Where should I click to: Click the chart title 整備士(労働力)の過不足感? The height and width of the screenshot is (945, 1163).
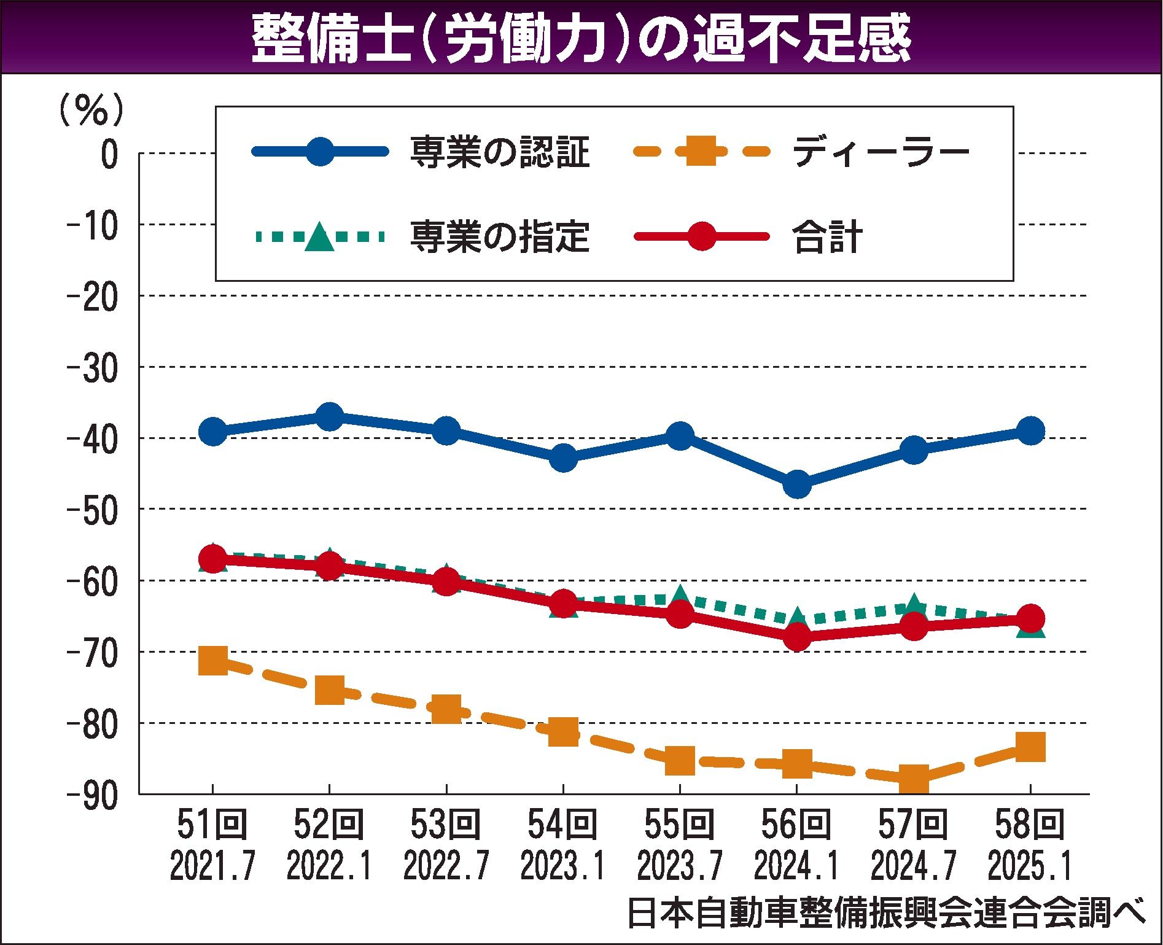(x=580, y=39)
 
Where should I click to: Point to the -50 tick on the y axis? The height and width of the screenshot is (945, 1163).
(x=92, y=509)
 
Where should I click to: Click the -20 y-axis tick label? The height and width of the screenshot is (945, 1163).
(x=92, y=297)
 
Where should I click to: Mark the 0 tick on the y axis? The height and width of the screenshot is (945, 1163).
(x=109, y=154)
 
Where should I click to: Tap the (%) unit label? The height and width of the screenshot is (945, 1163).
(x=91, y=111)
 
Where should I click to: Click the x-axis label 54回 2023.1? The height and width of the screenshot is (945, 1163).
(x=562, y=844)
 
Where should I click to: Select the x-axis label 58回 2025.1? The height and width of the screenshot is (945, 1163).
(x=1030, y=844)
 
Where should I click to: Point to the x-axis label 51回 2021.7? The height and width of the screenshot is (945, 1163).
(x=212, y=844)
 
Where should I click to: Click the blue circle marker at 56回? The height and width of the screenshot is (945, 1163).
(x=796, y=484)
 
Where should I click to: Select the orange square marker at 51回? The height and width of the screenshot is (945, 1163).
(x=213, y=661)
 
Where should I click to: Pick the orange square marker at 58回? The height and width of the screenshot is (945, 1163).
(x=1030, y=747)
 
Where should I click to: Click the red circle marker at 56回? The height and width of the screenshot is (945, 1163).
(x=796, y=637)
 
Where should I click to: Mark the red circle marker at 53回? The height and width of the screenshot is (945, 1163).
(x=446, y=581)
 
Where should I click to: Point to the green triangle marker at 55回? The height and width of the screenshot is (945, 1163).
(x=680, y=594)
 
